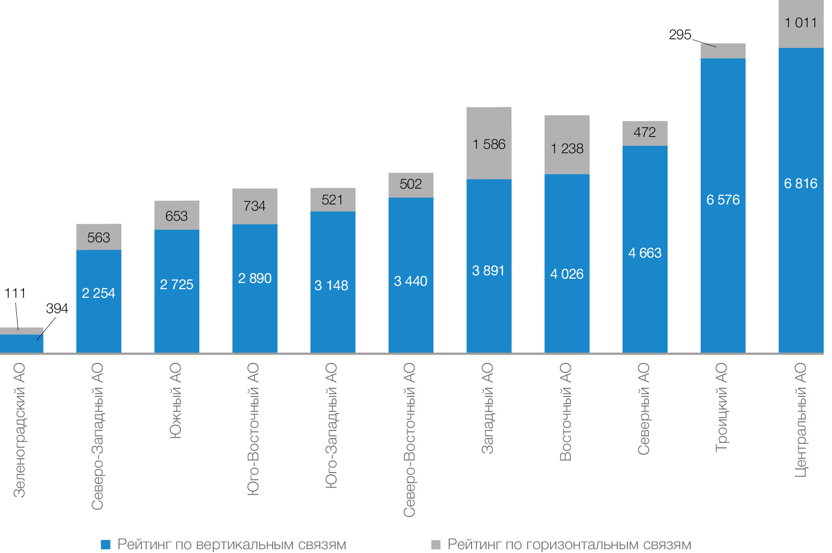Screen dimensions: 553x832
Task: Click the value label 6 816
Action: click(x=800, y=183)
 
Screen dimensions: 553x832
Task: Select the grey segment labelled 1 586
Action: click(x=489, y=144)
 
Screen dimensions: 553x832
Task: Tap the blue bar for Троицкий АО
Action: click(x=723, y=239)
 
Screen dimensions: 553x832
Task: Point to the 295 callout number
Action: click(x=680, y=34)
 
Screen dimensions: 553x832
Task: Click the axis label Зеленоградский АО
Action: click(x=19, y=430)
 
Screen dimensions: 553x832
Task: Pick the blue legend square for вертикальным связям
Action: click(x=106, y=544)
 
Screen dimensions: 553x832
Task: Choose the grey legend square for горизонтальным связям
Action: click(x=436, y=544)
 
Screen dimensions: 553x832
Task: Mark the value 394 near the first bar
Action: click(x=57, y=308)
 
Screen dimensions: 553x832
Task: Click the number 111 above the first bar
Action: click(x=15, y=293)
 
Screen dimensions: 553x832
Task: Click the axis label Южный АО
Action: click(x=175, y=400)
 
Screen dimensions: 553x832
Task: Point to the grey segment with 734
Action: click(x=254, y=206)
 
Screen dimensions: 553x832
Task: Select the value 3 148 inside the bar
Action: click(x=331, y=285)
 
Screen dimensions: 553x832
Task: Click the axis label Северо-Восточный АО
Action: click(x=409, y=440)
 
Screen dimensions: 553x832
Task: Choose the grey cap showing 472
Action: click(x=645, y=133)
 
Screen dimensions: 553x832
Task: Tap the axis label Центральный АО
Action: click(x=800, y=420)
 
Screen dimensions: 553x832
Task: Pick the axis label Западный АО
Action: click(x=487, y=408)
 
